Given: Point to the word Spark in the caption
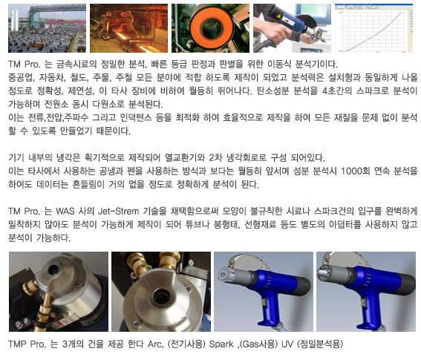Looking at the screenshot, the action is click(x=221, y=344).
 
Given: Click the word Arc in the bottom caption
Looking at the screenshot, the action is click(x=156, y=344).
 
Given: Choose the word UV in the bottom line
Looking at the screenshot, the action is click(x=287, y=344).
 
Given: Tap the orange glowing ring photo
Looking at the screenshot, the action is click(x=210, y=28).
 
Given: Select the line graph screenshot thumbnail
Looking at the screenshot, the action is click(x=373, y=28).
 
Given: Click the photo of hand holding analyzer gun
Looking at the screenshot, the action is click(x=292, y=28).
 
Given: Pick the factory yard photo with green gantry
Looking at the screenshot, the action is click(x=47, y=28).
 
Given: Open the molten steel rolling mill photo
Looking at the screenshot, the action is click(x=128, y=28).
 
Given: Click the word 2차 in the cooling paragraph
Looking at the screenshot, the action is click(x=215, y=157).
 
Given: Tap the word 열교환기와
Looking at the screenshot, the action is click(x=185, y=157).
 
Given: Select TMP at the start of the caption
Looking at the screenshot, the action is click(x=17, y=344).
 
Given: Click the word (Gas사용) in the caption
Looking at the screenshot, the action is click(x=258, y=344).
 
